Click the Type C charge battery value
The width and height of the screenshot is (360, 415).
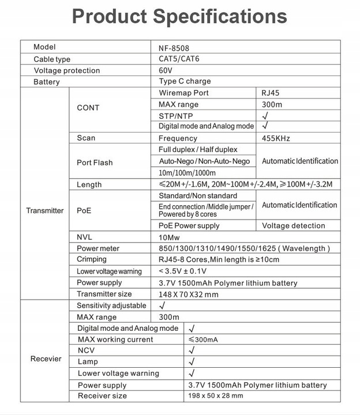point(185,81)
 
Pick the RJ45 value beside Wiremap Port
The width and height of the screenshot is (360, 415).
point(271,93)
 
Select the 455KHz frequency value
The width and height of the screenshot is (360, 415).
point(276,138)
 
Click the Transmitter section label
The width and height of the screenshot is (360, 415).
point(44,210)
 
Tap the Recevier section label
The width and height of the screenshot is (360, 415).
point(46,359)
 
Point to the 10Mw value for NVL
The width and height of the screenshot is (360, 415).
point(170,237)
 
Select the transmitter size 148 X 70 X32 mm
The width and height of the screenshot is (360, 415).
point(188,294)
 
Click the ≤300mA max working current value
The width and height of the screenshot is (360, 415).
point(203,339)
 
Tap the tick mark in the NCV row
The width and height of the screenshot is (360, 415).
point(192,350)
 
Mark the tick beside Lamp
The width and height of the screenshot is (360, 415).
point(192,362)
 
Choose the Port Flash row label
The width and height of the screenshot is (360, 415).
point(95,163)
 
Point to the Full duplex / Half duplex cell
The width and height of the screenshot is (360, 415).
point(194,149)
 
